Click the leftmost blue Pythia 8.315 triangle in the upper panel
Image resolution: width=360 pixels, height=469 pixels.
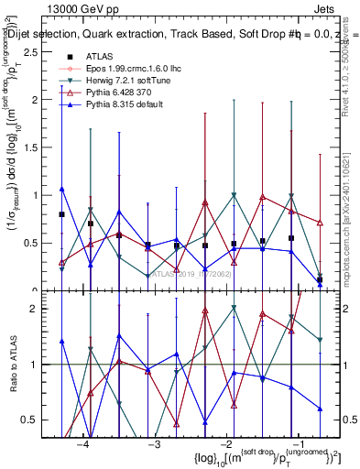[x=61, y=189]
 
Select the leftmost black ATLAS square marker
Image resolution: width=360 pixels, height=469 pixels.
[x=61, y=214]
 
